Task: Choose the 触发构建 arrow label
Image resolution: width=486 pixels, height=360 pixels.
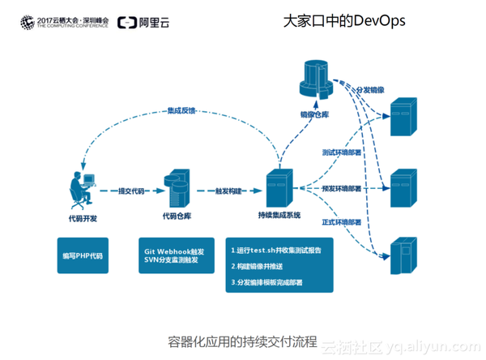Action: (x=227, y=192)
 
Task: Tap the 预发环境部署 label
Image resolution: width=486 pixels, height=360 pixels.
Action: (x=342, y=188)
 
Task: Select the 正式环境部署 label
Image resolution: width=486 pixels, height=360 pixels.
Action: (x=342, y=221)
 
